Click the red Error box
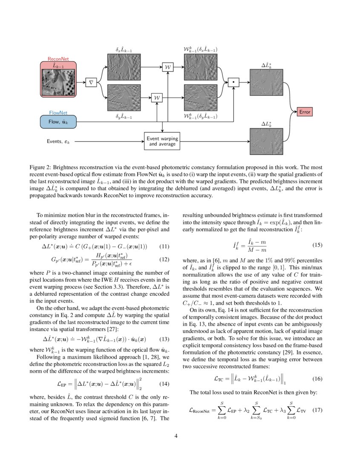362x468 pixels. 305,112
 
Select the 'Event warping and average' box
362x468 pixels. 162,141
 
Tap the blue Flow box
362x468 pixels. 58,122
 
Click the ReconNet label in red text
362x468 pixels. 58,59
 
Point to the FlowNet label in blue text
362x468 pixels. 58,113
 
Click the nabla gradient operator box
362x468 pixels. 91,82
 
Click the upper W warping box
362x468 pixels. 168,67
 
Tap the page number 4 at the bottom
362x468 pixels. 181,436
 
